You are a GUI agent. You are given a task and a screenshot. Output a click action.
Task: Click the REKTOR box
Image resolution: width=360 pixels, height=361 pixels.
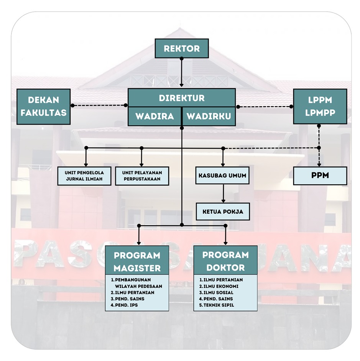point(182,49)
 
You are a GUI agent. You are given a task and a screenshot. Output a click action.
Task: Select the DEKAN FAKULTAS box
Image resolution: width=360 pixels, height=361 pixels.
point(43,107)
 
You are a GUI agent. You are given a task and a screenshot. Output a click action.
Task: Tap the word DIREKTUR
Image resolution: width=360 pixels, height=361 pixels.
point(182,98)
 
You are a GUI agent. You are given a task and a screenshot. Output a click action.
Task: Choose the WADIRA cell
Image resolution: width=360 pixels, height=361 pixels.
point(154,116)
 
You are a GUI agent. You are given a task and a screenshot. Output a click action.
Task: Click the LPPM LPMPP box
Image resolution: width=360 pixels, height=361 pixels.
point(320,107)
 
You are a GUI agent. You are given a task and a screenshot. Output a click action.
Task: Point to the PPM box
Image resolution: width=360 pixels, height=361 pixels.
point(320,176)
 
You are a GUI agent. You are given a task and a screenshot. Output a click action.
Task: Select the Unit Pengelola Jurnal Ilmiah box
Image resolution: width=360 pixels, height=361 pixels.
point(84,176)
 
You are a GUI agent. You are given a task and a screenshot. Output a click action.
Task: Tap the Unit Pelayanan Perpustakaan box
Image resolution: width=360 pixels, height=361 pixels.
point(142,176)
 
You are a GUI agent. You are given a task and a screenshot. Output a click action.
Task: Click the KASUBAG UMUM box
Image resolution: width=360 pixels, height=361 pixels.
point(222,176)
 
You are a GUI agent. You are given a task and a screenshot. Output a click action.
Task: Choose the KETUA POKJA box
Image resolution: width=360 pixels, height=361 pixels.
point(223,211)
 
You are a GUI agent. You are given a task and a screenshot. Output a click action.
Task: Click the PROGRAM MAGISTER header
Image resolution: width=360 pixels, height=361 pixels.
point(137,261)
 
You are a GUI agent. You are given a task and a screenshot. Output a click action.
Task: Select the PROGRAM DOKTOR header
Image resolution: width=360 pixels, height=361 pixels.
point(225,261)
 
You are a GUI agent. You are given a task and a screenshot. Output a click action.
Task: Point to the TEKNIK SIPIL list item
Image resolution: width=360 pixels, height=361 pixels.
point(218,305)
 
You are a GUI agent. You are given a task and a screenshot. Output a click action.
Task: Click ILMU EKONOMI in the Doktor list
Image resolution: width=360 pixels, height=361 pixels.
point(221,286)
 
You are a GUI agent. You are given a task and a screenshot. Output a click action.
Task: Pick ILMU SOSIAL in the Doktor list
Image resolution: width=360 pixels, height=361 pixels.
point(218,292)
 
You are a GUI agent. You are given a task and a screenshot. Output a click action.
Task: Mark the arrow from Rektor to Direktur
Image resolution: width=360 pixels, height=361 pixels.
point(182,73)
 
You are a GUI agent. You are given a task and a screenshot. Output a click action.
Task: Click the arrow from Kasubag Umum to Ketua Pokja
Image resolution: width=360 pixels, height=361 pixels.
point(223,194)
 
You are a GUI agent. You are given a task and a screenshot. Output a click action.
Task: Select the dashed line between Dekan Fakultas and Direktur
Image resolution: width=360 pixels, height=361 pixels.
point(99,105)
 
